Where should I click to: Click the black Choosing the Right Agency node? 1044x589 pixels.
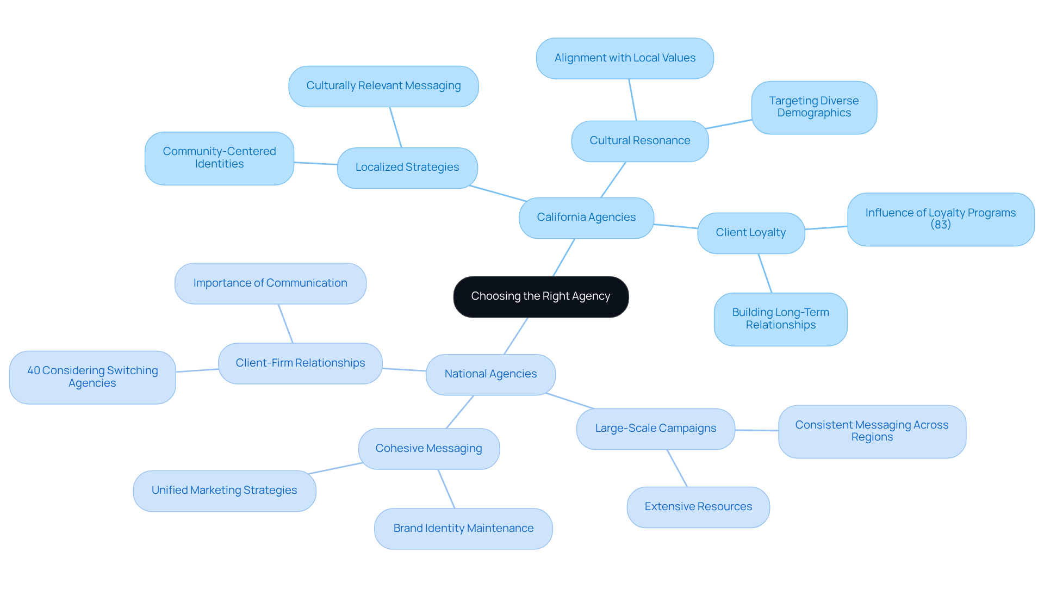pyautogui.click(x=540, y=296)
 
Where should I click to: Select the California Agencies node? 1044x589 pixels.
pyautogui.click(x=586, y=218)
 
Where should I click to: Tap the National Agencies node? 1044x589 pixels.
pyautogui.click(x=490, y=374)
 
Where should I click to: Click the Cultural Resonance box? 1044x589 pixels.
pyautogui.click(x=639, y=141)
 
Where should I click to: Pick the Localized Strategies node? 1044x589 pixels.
pyautogui.click(x=407, y=168)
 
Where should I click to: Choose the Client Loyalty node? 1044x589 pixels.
pyautogui.click(x=750, y=233)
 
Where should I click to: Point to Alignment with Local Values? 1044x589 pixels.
pyautogui.click(x=625, y=58)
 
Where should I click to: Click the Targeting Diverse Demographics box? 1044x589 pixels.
pyautogui.click(x=813, y=107)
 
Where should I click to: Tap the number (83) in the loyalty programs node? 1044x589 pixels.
pyautogui.click(x=940, y=225)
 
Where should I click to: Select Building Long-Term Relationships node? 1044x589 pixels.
pyautogui.click(x=780, y=319)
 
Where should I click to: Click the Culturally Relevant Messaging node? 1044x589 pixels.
pyautogui.click(x=383, y=86)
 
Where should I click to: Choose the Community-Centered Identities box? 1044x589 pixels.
pyautogui.click(x=219, y=158)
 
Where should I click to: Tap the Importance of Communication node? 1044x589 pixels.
pyautogui.click(x=270, y=283)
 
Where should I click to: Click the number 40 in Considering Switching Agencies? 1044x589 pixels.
pyautogui.click(x=34, y=371)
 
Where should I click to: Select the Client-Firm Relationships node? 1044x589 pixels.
pyautogui.click(x=300, y=363)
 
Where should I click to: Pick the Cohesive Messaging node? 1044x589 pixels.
pyautogui.click(x=428, y=449)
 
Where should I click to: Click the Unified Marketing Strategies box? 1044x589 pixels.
pyautogui.click(x=224, y=491)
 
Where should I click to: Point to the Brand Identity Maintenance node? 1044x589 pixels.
pyautogui.click(x=463, y=529)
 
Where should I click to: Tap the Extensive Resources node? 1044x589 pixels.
pyautogui.click(x=698, y=507)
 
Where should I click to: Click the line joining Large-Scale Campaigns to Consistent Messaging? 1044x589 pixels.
pyautogui.click(x=756, y=430)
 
